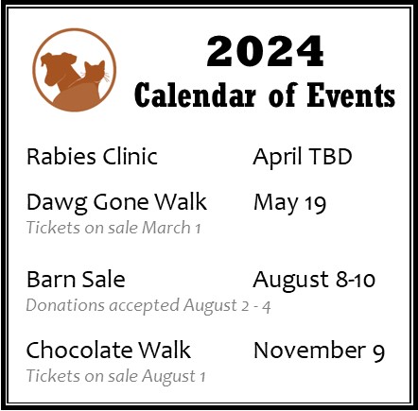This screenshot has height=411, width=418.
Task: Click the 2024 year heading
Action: [x=265, y=51]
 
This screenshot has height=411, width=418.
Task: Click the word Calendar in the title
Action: [x=195, y=94]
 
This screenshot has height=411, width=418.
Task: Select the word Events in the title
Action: [x=351, y=94]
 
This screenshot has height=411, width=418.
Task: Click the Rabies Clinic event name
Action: [x=92, y=156]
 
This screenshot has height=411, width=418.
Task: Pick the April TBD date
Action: [x=303, y=157]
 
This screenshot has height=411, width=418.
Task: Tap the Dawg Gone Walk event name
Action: [x=116, y=202]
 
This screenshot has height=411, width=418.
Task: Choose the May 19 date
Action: [x=289, y=203]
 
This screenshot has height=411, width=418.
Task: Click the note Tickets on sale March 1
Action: [x=113, y=228]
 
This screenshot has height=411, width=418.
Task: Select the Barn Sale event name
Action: [x=76, y=279]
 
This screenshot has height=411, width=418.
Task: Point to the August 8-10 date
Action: [x=314, y=280]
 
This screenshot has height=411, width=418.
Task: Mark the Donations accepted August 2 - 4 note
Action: [x=148, y=306]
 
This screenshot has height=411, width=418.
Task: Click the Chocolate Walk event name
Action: [x=109, y=350]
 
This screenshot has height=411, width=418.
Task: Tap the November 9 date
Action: [x=319, y=351]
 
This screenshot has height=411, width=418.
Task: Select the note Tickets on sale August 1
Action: [x=115, y=376]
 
